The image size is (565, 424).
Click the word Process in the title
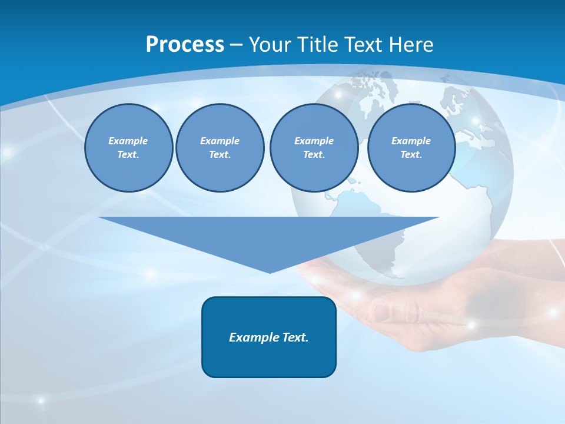tap(185, 45)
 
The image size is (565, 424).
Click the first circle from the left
tap(128, 148)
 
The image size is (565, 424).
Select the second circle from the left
tap(220, 148)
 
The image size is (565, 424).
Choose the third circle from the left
tap(314, 148)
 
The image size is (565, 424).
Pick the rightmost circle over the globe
tap(411, 148)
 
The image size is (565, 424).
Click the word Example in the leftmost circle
tap(128, 141)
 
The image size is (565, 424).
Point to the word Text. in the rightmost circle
tap(411, 155)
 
